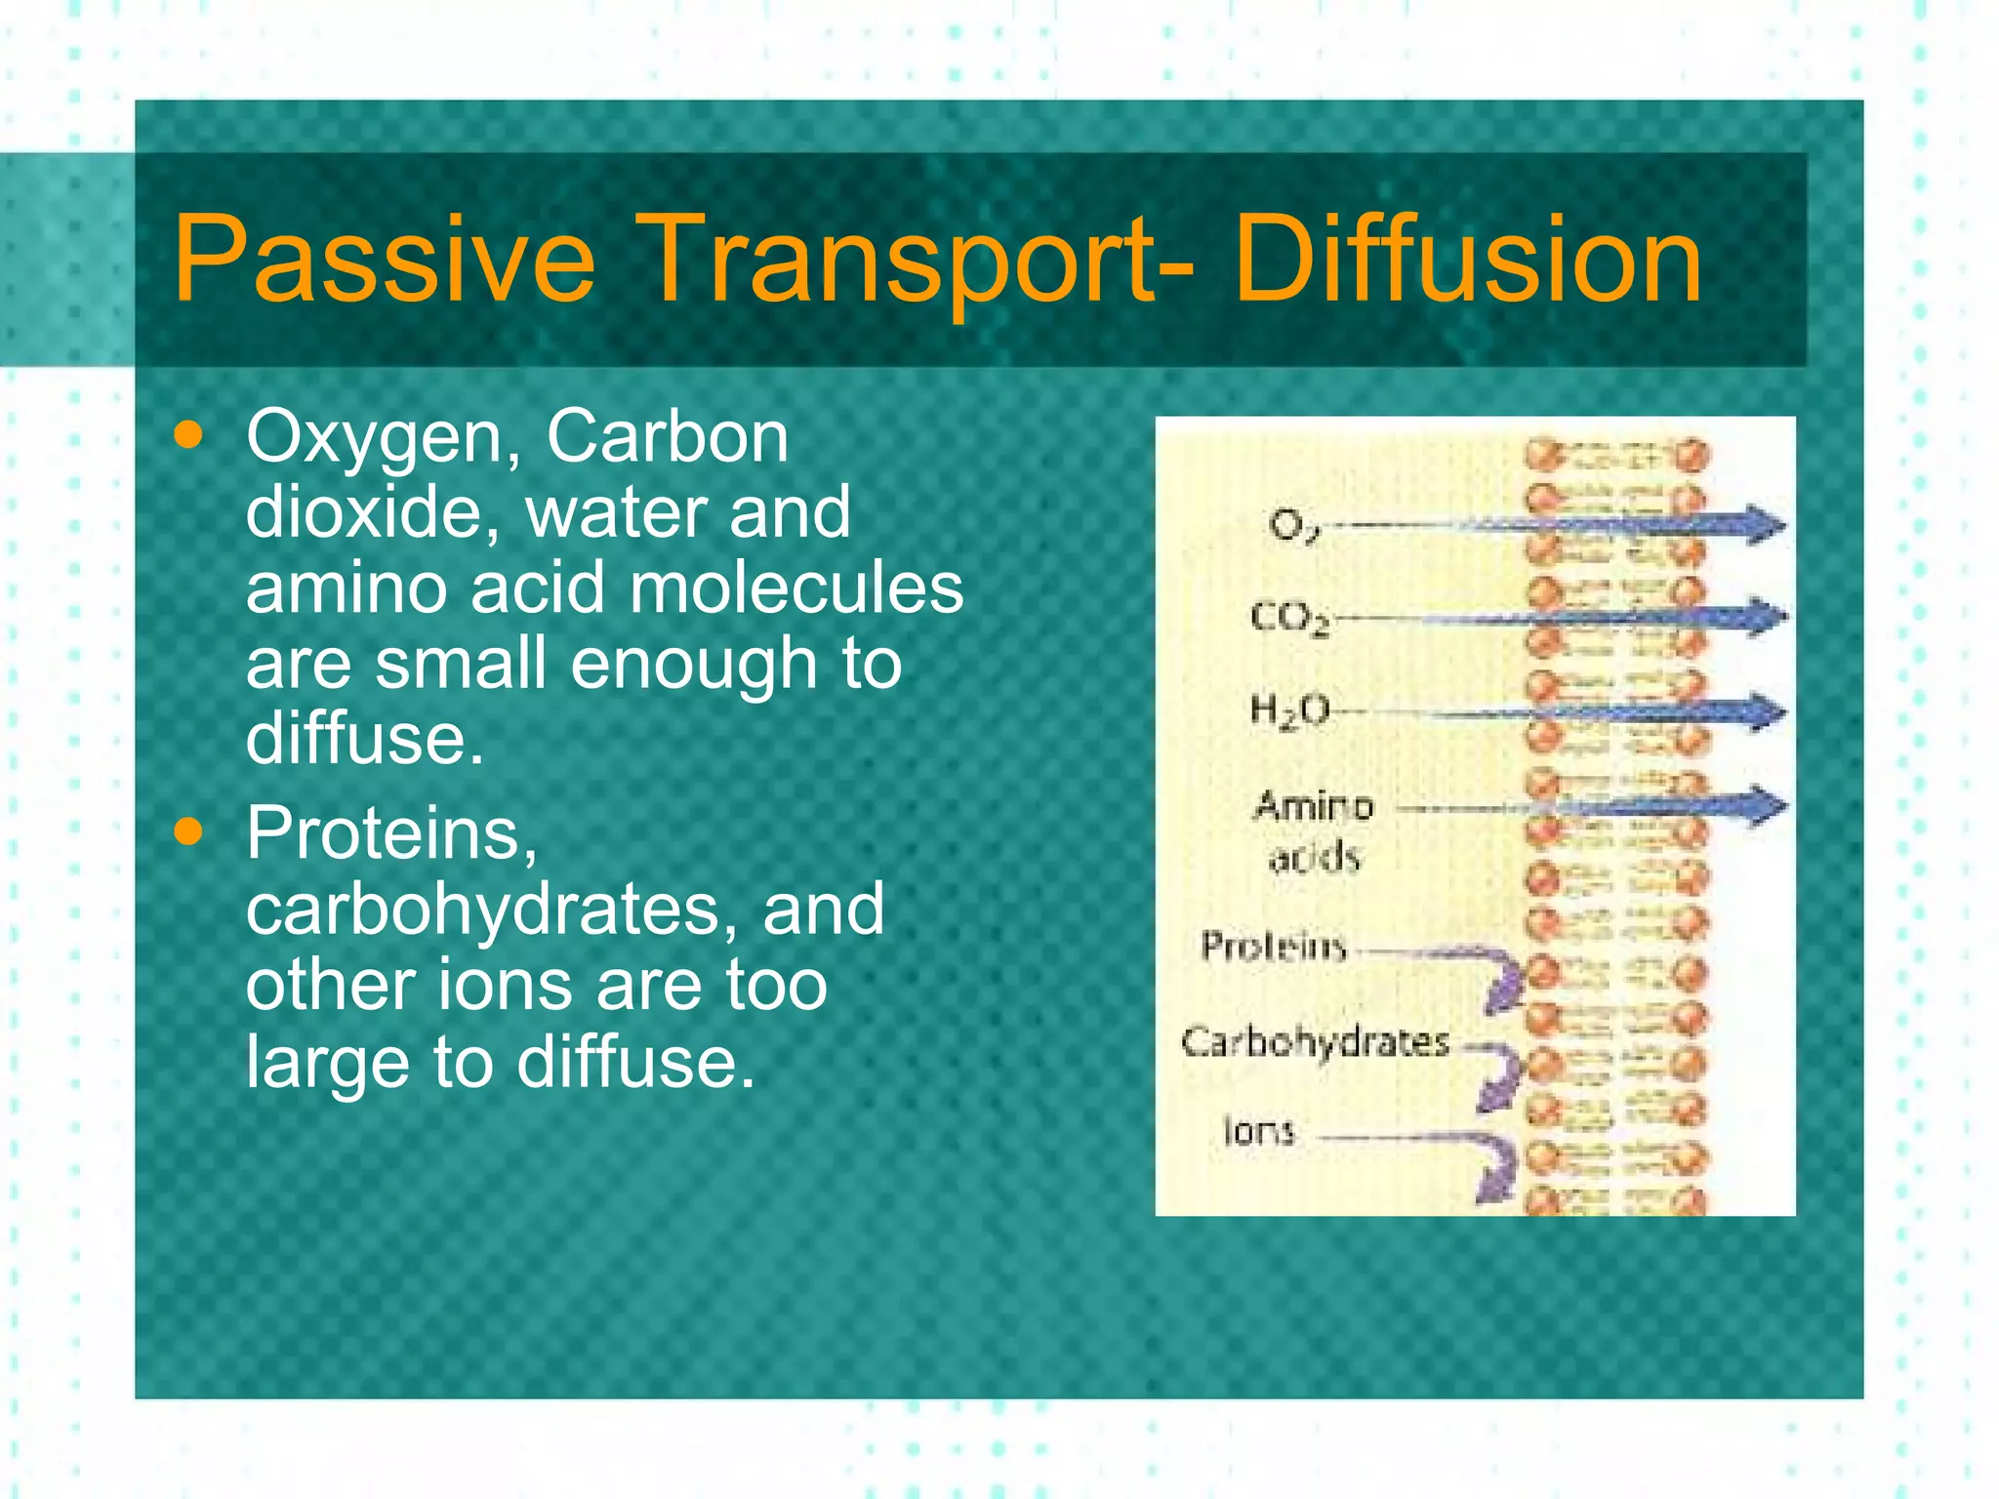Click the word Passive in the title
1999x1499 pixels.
[383, 261]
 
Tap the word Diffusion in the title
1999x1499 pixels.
[1467, 261]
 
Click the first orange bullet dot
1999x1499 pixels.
[187, 435]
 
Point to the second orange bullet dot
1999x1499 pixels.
[187, 832]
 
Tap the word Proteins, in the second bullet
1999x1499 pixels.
[391, 834]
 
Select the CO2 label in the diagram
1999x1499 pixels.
[1289, 618]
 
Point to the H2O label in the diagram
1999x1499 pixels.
[1289, 710]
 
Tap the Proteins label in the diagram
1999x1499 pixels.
[1274, 946]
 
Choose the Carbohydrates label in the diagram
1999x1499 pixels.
[1315, 1042]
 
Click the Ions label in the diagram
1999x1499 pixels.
[1258, 1131]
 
